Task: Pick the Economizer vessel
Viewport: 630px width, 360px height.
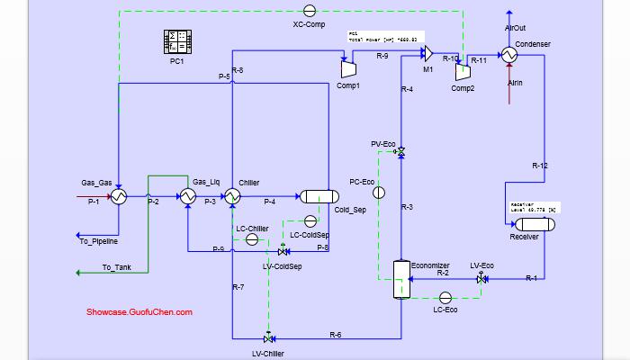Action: (400, 280)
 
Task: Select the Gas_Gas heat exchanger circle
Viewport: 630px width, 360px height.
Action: (118, 197)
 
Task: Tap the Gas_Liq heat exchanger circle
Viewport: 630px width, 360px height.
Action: (187, 197)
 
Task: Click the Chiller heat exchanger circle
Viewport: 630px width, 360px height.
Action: (232, 197)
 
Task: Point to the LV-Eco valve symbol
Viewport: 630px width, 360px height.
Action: (481, 280)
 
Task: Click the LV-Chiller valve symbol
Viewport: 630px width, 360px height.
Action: (268, 338)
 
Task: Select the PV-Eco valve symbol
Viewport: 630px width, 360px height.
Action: (400, 154)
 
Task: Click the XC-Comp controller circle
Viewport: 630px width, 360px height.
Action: (309, 11)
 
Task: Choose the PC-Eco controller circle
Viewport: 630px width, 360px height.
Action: (379, 193)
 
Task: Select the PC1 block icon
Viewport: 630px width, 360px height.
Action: (176, 41)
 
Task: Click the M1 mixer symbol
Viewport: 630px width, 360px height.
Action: (429, 55)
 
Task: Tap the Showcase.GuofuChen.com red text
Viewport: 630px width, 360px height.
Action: (139, 312)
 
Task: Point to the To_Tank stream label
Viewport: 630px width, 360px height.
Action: (117, 266)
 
